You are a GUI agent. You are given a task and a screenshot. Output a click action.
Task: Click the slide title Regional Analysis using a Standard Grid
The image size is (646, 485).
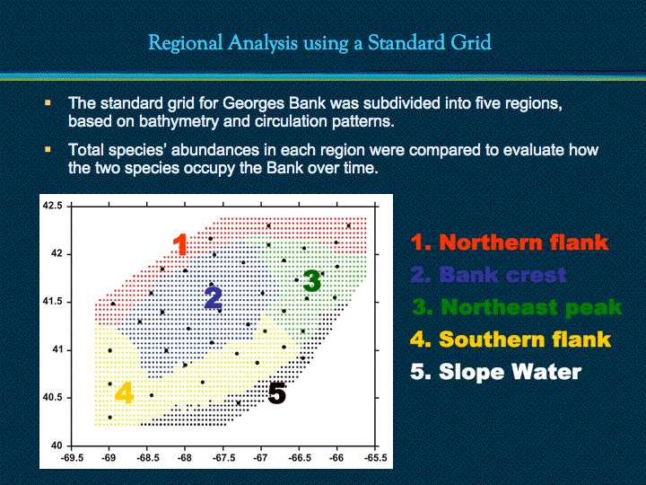coord(319,43)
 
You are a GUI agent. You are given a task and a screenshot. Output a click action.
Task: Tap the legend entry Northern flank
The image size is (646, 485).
coord(510,242)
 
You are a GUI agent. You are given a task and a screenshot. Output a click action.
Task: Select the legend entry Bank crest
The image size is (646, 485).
coord(489,274)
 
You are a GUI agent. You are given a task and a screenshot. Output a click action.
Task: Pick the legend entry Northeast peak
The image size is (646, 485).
coord(517,307)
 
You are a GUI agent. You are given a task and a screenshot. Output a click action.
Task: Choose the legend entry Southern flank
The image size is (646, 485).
coord(511,339)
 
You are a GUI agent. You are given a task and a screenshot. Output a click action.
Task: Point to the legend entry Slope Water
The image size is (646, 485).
coord(496,372)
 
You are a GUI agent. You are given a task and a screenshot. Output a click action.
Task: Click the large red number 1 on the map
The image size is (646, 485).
coord(180,244)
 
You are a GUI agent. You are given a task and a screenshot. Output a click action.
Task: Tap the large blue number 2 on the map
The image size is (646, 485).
coord(214,298)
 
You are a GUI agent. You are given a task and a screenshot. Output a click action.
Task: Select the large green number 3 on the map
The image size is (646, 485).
coord(312,280)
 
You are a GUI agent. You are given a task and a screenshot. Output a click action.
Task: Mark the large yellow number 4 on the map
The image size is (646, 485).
coord(124,392)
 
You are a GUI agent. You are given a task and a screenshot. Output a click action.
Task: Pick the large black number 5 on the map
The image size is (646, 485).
coord(277,393)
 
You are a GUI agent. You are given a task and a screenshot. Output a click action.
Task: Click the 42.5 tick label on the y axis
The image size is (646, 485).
coord(53,206)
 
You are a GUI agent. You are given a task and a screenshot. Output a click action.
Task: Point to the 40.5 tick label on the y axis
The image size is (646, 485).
coord(53,398)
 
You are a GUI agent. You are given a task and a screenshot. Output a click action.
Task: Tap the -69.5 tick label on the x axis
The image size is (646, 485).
coord(71,458)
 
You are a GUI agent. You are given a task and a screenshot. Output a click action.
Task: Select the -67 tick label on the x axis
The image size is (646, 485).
coord(260,458)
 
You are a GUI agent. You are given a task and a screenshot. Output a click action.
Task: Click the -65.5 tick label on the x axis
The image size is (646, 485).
coord(375,458)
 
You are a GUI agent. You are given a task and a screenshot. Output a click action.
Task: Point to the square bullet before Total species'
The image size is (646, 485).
coord(48,149)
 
